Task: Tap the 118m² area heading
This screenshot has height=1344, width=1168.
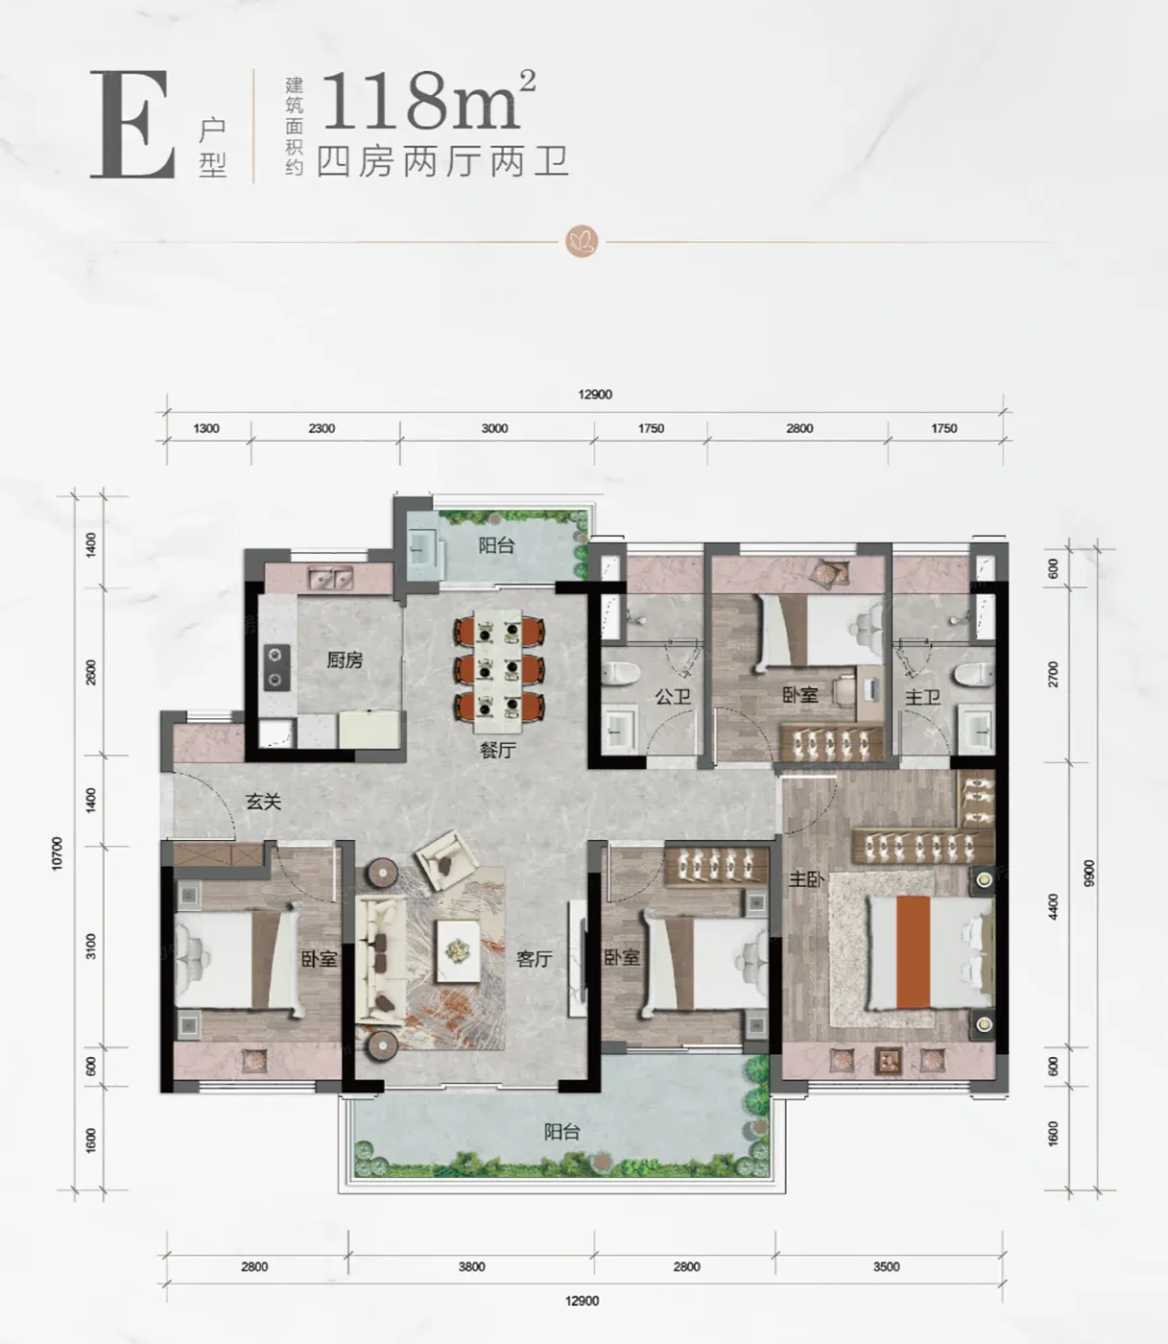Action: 429,100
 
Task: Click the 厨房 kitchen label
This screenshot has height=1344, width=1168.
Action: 345,660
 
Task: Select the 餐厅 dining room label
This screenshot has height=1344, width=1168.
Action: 498,750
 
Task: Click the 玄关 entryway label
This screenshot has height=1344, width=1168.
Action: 263,802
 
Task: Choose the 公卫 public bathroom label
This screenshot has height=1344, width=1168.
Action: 673,696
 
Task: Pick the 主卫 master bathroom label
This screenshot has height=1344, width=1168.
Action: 922,697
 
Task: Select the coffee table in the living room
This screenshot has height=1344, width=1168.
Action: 458,950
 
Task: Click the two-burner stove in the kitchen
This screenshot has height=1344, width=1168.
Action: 276,667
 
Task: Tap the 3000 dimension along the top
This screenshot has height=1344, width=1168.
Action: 494,428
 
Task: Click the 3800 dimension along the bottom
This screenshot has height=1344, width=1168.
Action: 471,1266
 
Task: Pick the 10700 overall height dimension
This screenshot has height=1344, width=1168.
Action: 57,853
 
